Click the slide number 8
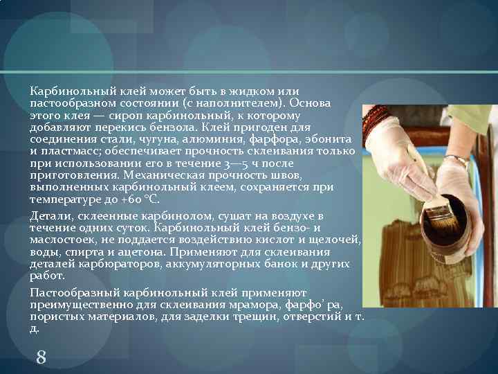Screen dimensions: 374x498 [41, 357]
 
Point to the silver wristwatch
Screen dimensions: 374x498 [457, 161]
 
